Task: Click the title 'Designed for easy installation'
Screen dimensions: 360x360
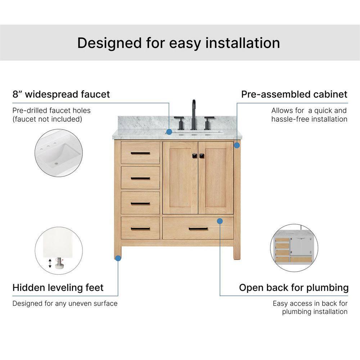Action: pyautogui.click(x=179, y=43)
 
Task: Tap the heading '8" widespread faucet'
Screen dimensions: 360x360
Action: pyautogui.click(x=61, y=95)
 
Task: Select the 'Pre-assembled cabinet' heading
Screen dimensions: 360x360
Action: pyautogui.click(x=294, y=95)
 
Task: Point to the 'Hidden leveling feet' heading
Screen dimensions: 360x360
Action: pyautogui.click(x=58, y=288)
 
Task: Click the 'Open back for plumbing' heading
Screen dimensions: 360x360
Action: pyautogui.click(x=294, y=288)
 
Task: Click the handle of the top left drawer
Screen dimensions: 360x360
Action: pyautogui.click(x=140, y=153)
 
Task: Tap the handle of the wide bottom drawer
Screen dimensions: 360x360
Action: pyautogui.click(x=198, y=229)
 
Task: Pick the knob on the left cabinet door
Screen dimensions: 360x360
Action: pyautogui.click(x=195, y=156)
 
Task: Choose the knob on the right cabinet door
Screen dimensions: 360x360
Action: pyautogui.click(x=202, y=156)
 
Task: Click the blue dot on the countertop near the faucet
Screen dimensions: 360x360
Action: pyautogui.click(x=169, y=132)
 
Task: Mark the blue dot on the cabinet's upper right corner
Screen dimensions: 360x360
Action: pyautogui.click(x=237, y=145)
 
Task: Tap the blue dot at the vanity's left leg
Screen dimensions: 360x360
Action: pyautogui.click(x=118, y=258)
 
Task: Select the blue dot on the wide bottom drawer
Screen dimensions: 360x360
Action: pyautogui.click(x=220, y=221)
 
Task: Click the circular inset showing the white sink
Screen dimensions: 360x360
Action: pyautogui.click(x=59, y=153)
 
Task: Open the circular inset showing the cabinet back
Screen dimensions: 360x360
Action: pyautogui.click(x=294, y=248)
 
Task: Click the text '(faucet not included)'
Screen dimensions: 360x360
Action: pyautogui.click(x=47, y=119)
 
